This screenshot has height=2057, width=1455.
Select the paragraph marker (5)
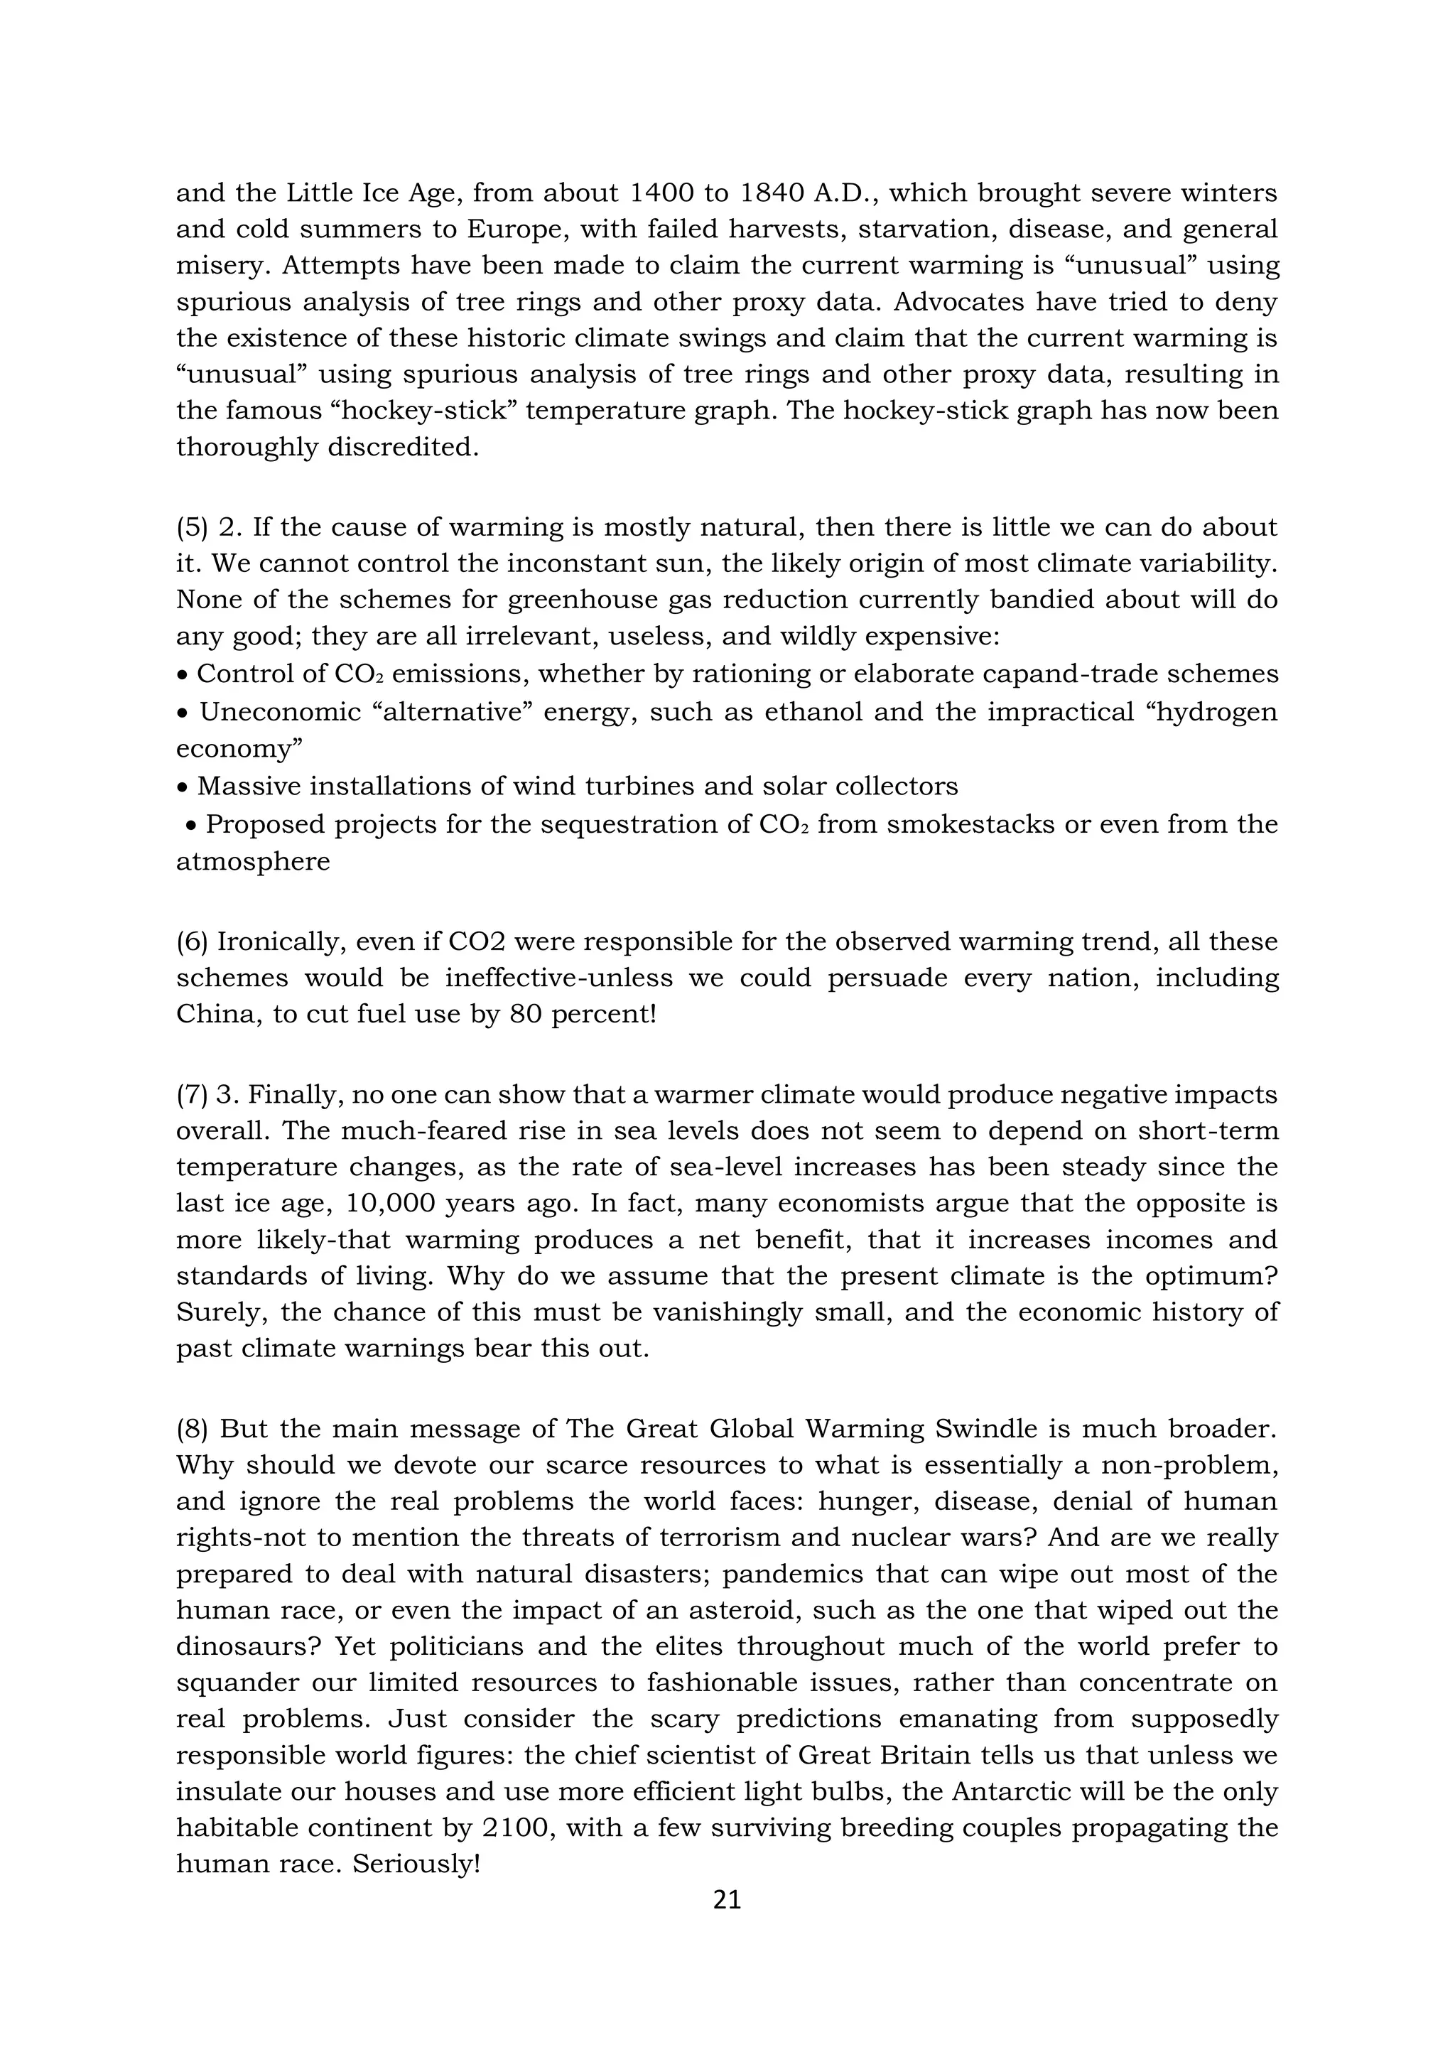point(192,527)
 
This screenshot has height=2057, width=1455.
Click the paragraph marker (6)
point(192,941)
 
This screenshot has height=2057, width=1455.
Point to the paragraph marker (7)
point(192,1095)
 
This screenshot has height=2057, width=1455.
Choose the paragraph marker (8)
point(192,1429)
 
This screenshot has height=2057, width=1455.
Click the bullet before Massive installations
point(183,787)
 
